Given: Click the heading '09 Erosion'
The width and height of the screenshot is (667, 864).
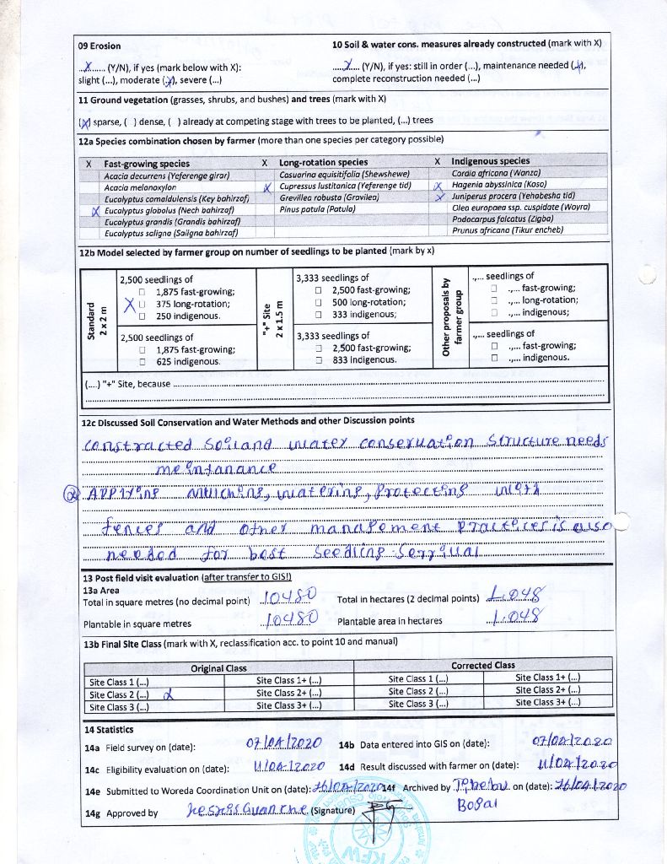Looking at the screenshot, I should pyautogui.click(x=100, y=46).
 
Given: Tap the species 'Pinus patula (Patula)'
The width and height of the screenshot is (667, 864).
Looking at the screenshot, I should pyautogui.click(x=317, y=208).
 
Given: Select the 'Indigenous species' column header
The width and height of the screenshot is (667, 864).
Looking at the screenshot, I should pyautogui.click(x=490, y=161).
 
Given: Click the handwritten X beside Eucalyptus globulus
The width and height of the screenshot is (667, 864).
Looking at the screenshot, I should pyautogui.click(x=97, y=212).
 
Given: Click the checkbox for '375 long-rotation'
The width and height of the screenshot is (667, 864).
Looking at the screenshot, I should pyautogui.click(x=143, y=304).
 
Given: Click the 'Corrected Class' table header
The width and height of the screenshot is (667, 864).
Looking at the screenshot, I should pyautogui.click(x=482, y=666).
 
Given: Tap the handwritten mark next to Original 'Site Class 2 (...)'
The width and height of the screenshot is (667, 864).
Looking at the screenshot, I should pyautogui.click(x=167, y=694).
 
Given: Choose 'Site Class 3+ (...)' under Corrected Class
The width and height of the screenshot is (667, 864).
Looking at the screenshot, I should pyautogui.click(x=549, y=703).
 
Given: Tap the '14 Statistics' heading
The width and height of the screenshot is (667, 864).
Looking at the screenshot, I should pyautogui.click(x=108, y=729).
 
